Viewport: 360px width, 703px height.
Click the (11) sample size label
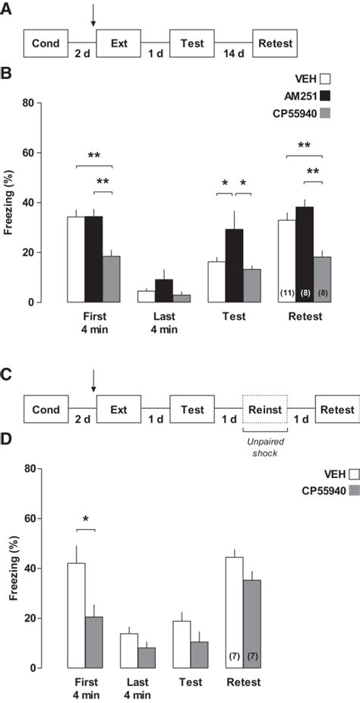coord(287,293)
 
